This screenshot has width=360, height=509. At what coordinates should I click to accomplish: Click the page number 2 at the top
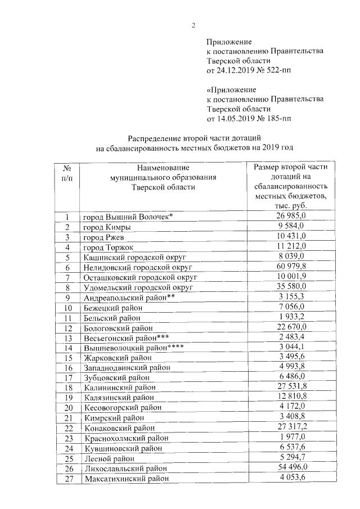coord(193,25)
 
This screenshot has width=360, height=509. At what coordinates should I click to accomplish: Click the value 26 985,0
coord(290,217)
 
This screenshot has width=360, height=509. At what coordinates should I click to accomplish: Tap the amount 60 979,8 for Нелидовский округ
coord(290,267)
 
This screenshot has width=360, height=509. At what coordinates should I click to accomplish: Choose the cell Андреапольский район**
coord(128,298)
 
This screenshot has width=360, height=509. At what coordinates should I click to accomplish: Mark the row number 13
coord(67,338)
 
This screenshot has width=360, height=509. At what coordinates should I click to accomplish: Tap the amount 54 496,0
coord(290,468)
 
